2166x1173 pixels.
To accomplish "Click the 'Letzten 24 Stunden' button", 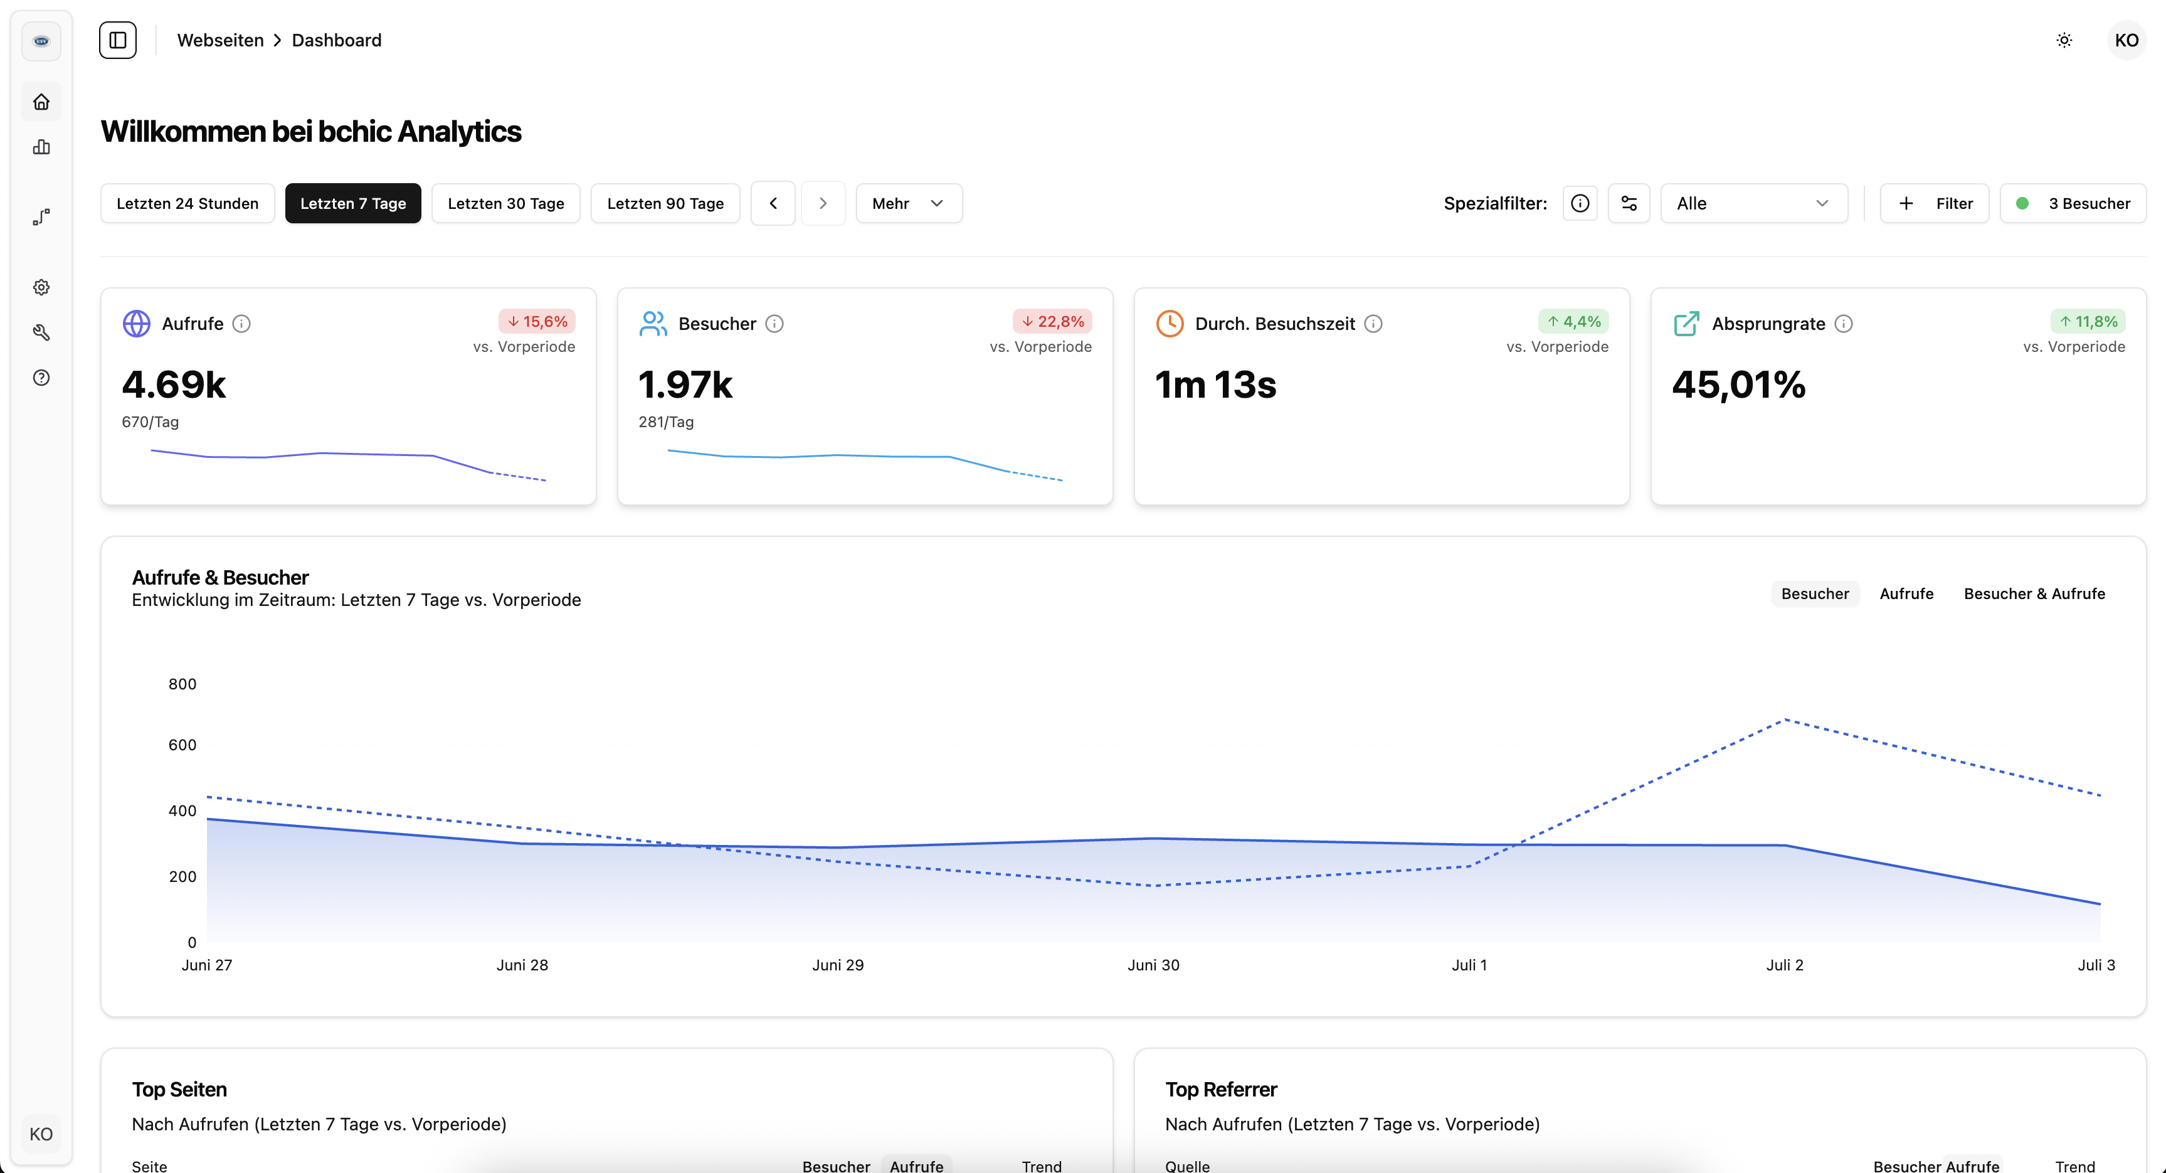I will pos(188,203).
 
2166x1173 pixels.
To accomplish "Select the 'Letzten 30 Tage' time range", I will pos(505,203).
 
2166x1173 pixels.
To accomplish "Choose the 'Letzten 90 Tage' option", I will pos(665,203).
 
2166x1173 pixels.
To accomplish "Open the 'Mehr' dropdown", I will pos(908,203).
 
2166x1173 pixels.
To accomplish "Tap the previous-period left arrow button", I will pos(773,203).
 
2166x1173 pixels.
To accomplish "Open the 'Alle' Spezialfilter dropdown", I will pos(1753,203).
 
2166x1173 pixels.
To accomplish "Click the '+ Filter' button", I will pos(1934,203).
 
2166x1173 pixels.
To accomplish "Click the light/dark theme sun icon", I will pos(2064,40).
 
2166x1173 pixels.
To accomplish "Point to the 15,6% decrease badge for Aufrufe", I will pos(537,321).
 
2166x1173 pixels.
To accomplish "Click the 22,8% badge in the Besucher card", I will pos(1053,321).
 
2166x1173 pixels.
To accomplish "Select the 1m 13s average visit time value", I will pos(1216,385).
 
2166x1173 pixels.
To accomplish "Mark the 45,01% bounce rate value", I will pos(1739,385).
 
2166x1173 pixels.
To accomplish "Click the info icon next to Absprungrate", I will pos(1844,324).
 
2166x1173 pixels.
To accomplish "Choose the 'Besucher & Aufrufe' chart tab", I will pos(2034,593).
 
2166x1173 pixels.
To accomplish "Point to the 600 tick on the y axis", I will pos(182,745).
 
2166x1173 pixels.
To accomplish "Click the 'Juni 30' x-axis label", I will pos(1153,965).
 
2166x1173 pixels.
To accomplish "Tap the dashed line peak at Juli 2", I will pos(1785,719).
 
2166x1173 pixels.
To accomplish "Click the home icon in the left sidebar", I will pos(41,102).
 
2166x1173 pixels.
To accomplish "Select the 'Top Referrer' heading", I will pos(1221,1090).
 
